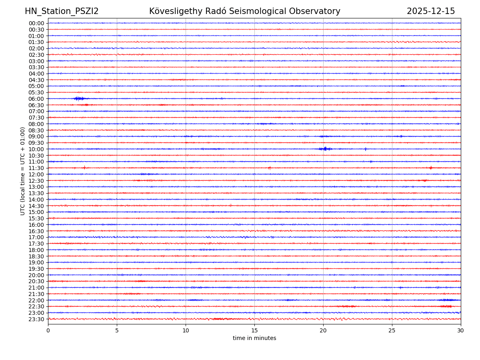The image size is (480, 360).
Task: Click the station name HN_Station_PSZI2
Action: tap(62, 12)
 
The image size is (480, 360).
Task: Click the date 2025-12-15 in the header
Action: tap(431, 12)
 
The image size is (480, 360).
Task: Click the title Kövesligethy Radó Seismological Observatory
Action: tap(245, 12)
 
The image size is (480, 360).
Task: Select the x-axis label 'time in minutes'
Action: tap(254, 338)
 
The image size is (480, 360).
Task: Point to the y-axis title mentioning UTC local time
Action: tap(23, 171)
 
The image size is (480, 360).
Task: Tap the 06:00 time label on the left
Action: tap(36, 99)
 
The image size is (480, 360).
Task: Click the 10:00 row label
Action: tap(36, 149)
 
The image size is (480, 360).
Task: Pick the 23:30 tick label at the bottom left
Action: tap(36, 319)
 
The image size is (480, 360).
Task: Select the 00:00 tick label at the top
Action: tap(36, 23)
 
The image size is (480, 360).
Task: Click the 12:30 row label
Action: tap(36, 181)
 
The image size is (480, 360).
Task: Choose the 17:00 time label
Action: tap(36, 237)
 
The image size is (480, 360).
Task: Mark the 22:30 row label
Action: tap(36, 306)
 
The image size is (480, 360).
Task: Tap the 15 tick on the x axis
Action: tap(254, 331)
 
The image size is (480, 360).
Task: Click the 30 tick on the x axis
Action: tap(461, 331)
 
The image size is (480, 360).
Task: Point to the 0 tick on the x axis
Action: tap(48, 331)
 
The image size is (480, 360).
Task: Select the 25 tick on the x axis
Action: tap(392, 331)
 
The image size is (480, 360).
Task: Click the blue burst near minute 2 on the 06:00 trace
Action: tap(79, 98)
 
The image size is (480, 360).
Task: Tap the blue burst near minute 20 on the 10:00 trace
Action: tap(325, 149)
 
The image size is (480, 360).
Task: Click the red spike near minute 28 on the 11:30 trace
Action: tap(431, 168)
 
